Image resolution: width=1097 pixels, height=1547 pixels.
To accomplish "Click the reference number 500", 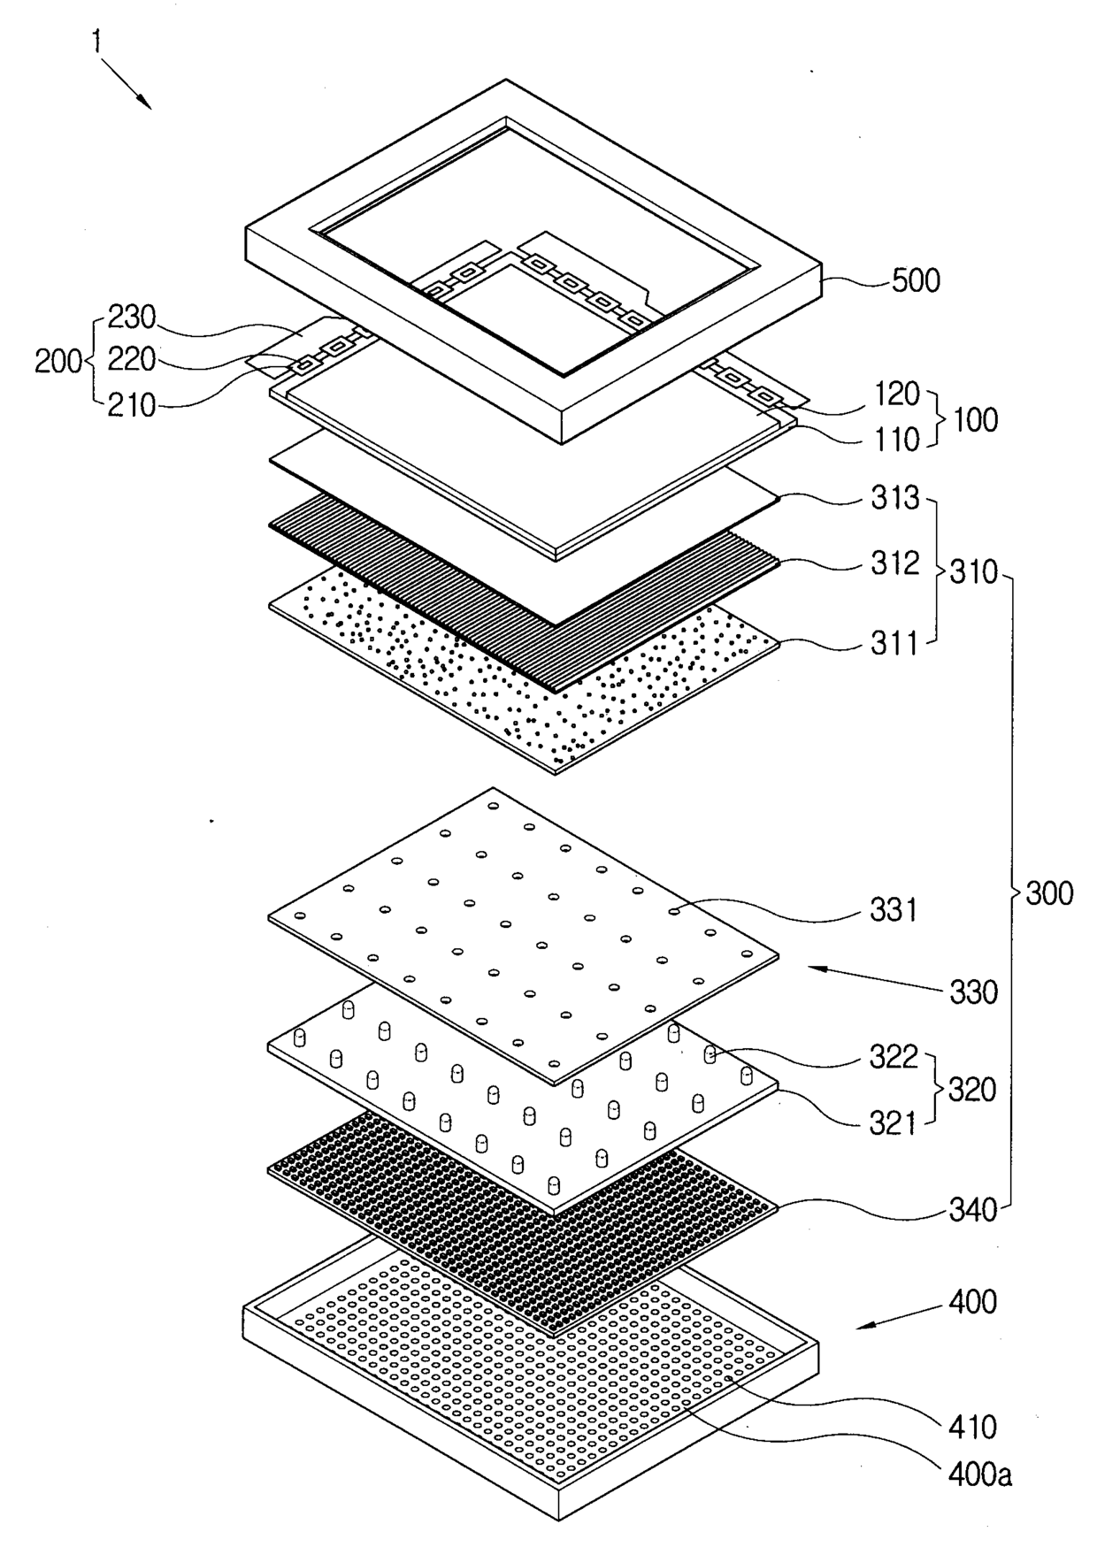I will click(x=915, y=281).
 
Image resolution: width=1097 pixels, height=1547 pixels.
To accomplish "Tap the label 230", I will click(x=131, y=317).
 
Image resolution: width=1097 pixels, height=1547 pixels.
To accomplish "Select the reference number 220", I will click(x=131, y=360).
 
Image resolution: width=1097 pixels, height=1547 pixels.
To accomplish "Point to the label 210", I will click(x=131, y=406).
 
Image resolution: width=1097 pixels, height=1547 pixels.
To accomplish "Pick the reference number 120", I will click(x=897, y=394).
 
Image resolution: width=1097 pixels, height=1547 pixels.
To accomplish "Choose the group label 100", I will click(x=974, y=419).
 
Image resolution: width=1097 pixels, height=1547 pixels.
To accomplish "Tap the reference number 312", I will click(x=894, y=563).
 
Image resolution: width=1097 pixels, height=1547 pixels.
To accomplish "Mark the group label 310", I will click(x=973, y=572).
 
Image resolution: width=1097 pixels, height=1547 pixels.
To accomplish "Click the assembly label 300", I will click(x=1049, y=893).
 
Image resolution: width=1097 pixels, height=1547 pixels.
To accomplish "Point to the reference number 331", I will click(x=894, y=909).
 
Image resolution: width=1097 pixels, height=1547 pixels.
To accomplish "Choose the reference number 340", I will click(x=973, y=1208).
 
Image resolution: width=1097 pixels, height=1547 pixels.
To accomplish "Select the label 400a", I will click(x=980, y=1474).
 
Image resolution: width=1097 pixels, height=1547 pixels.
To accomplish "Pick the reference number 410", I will click(x=972, y=1427).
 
